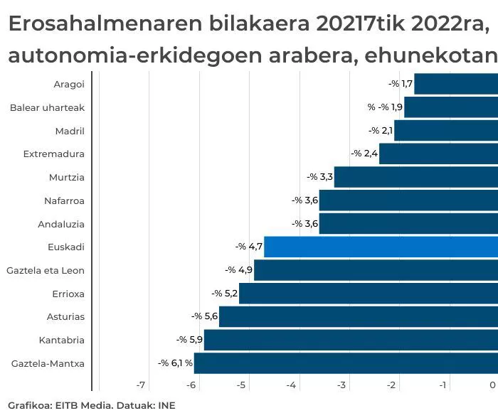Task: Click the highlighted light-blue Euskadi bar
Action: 381,247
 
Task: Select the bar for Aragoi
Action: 455,84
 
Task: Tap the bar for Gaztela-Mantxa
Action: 346,363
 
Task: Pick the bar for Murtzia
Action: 415,177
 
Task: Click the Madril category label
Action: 70,131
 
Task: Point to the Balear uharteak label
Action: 47,107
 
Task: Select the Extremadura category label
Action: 54,154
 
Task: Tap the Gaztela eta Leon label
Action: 46,271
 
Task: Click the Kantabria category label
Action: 63,340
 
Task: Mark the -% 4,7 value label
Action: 249,247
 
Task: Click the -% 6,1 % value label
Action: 175,363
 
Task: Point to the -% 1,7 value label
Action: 401,84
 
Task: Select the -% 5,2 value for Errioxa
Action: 225,294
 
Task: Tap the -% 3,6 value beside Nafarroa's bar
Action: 304,200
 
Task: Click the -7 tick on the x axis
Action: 141,385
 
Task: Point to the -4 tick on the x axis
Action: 291,385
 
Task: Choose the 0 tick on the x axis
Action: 492,385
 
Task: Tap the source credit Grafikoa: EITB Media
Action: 53,405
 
